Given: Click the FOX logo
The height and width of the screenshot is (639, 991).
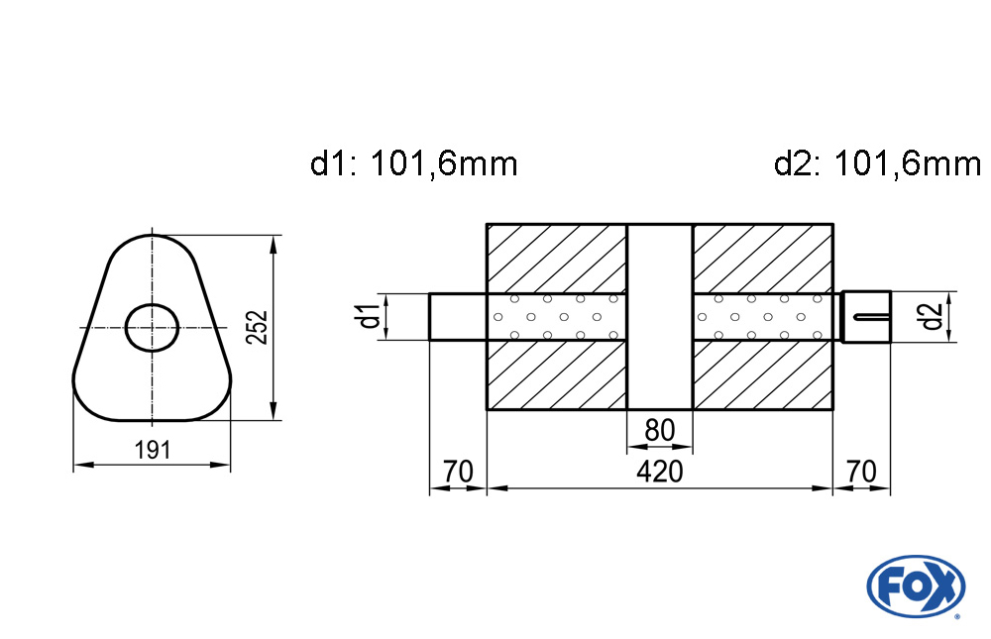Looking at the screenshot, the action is click(x=916, y=586).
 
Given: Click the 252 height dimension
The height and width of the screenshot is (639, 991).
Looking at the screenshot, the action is click(x=257, y=327).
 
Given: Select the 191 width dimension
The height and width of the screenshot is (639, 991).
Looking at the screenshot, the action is click(x=153, y=450).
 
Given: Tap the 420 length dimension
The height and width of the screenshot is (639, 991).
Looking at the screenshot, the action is click(x=660, y=472).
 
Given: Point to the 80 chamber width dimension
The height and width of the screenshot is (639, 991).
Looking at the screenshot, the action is click(x=660, y=430).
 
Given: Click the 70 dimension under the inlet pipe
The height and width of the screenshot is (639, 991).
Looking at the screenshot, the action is click(x=458, y=472).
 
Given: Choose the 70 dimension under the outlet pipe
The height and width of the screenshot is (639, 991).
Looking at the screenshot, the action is click(x=861, y=472).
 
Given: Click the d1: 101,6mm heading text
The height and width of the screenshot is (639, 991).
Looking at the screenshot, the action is click(x=414, y=164).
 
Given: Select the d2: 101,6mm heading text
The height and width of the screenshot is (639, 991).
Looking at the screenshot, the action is click(x=877, y=164).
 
